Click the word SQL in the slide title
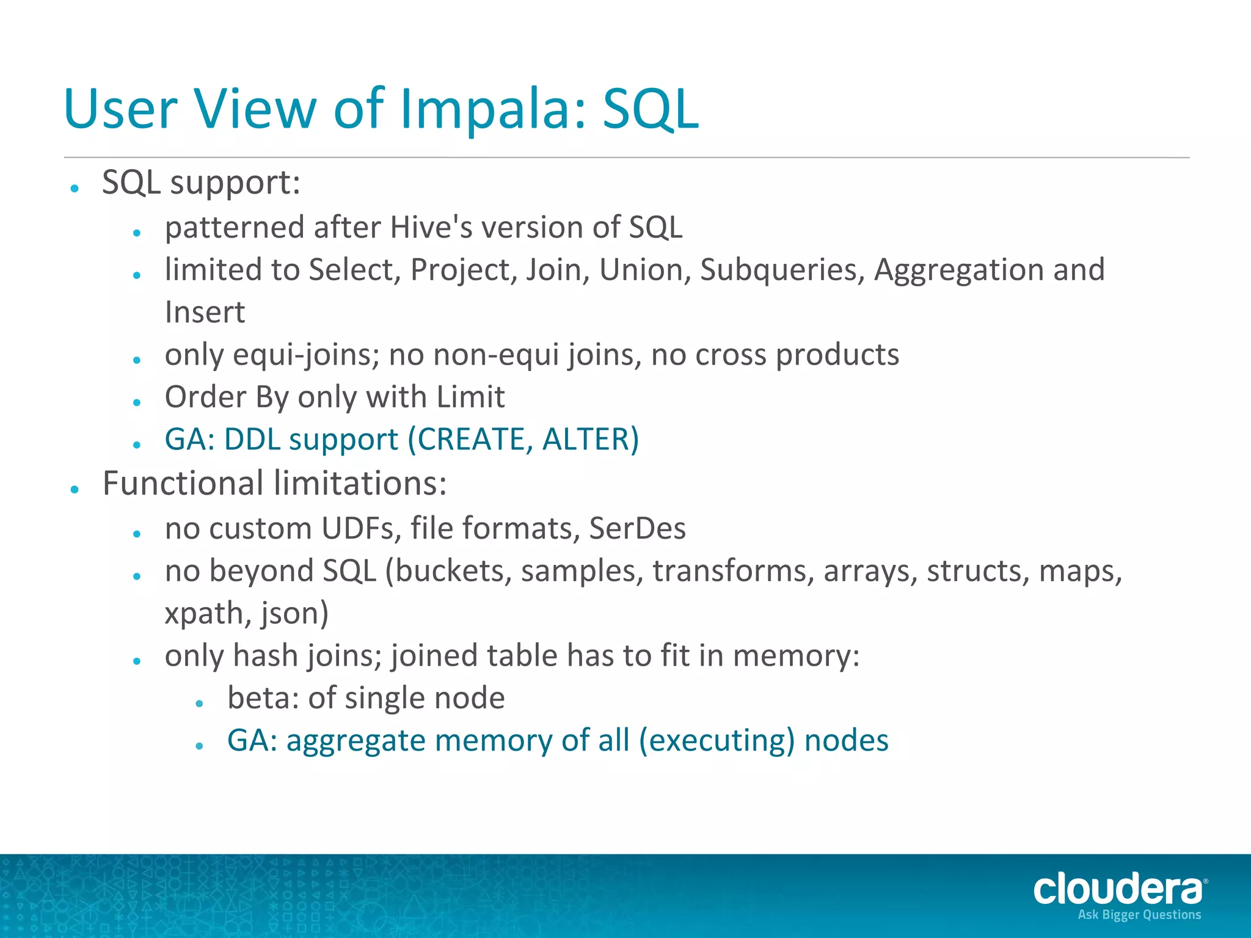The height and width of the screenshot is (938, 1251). (x=650, y=110)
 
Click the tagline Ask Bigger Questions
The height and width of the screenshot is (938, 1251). (x=1139, y=915)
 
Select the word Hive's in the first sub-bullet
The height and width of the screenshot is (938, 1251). (x=431, y=228)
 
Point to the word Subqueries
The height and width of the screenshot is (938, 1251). (x=782, y=270)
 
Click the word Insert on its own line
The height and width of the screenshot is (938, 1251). (x=205, y=313)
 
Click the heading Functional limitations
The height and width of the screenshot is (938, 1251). (x=274, y=484)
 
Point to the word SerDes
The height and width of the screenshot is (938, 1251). (x=637, y=528)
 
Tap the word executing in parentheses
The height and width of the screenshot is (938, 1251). (x=717, y=741)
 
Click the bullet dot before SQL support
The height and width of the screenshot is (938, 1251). (x=75, y=188)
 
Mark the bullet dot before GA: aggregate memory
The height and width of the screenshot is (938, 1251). (x=199, y=746)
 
